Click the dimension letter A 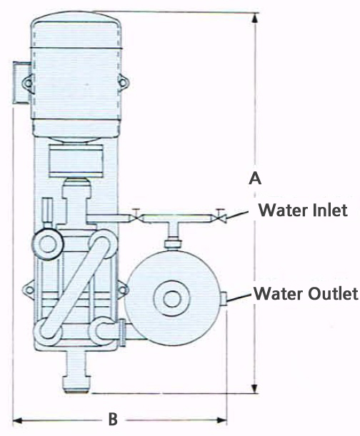click(255, 178)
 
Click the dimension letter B click(113, 420)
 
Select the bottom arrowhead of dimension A click(255, 387)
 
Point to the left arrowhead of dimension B click(18, 420)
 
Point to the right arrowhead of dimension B click(221, 420)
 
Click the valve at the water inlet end click(221, 216)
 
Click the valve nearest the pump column click(136, 216)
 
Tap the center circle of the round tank click(172, 299)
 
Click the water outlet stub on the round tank click(225, 299)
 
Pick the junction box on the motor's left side click(21, 83)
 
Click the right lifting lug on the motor click(123, 82)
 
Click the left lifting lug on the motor click(28, 83)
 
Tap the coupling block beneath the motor click(76, 161)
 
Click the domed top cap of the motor click(76, 30)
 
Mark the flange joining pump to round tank click(123, 333)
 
